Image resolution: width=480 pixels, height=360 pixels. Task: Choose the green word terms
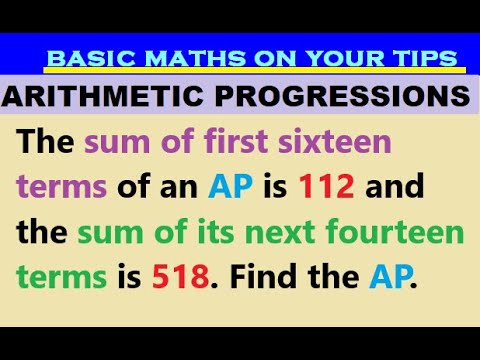coord(58,277)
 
